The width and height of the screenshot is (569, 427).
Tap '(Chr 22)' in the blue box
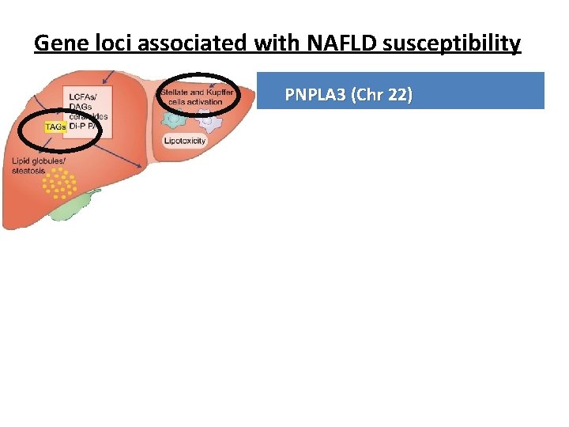383,95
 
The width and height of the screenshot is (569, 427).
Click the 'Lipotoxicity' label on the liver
185,141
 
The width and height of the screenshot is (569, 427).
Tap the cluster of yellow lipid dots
58,183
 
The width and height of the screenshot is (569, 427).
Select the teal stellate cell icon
174,119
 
